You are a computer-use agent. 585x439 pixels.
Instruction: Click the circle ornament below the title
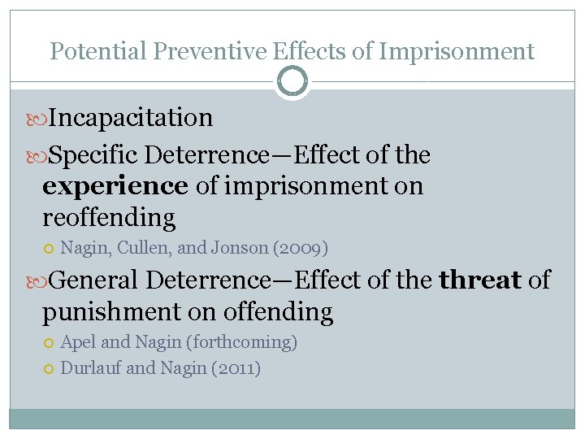coord(292,81)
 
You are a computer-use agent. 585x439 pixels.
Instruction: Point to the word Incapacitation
coord(130,118)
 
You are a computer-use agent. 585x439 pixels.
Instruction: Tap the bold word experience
coord(115,186)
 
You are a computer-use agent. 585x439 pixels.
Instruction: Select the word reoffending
coord(109,218)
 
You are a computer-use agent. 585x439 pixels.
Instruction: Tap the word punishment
coord(111,311)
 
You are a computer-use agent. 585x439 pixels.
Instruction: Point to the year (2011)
coord(236,368)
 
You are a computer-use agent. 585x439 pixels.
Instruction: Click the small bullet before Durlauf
coord(50,369)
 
